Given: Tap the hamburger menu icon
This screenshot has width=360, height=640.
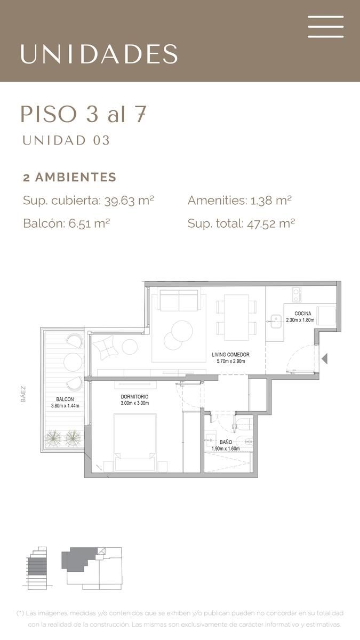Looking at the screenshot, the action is click(x=325, y=27).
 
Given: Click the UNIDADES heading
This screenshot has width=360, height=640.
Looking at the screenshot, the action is click(x=99, y=54).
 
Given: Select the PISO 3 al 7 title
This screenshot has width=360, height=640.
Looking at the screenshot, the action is click(x=83, y=114).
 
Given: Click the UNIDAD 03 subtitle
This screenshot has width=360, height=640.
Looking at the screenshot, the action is click(x=66, y=140).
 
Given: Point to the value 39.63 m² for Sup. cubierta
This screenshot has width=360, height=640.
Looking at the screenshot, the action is click(x=129, y=201).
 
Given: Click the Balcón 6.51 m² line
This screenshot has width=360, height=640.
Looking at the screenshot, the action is click(x=67, y=223).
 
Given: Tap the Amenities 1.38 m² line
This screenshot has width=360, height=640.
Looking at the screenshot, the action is click(x=239, y=201).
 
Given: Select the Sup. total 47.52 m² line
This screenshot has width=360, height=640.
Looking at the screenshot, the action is click(x=241, y=223).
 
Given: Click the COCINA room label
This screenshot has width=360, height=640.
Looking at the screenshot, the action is click(x=302, y=314).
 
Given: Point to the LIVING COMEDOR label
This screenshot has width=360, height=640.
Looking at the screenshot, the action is click(x=230, y=355).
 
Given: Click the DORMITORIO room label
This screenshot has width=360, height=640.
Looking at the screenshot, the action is click(x=134, y=397).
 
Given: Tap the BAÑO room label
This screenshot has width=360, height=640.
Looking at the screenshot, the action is click(x=226, y=442).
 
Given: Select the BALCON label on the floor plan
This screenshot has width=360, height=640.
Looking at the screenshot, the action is click(x=65, y=399).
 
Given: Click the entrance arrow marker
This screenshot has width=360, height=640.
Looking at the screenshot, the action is click(x=325, y=358).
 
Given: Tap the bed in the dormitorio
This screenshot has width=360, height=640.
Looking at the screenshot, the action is click(x=135, y=442).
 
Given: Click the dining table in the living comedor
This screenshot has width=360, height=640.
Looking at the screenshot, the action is click(x=236, y=317).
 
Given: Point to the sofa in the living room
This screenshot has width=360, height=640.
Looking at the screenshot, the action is click(x=179, y=300).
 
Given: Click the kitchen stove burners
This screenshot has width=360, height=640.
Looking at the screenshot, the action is click(x=297, y=294).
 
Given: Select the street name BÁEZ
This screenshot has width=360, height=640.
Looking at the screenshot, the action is click(x=23, y=394).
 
